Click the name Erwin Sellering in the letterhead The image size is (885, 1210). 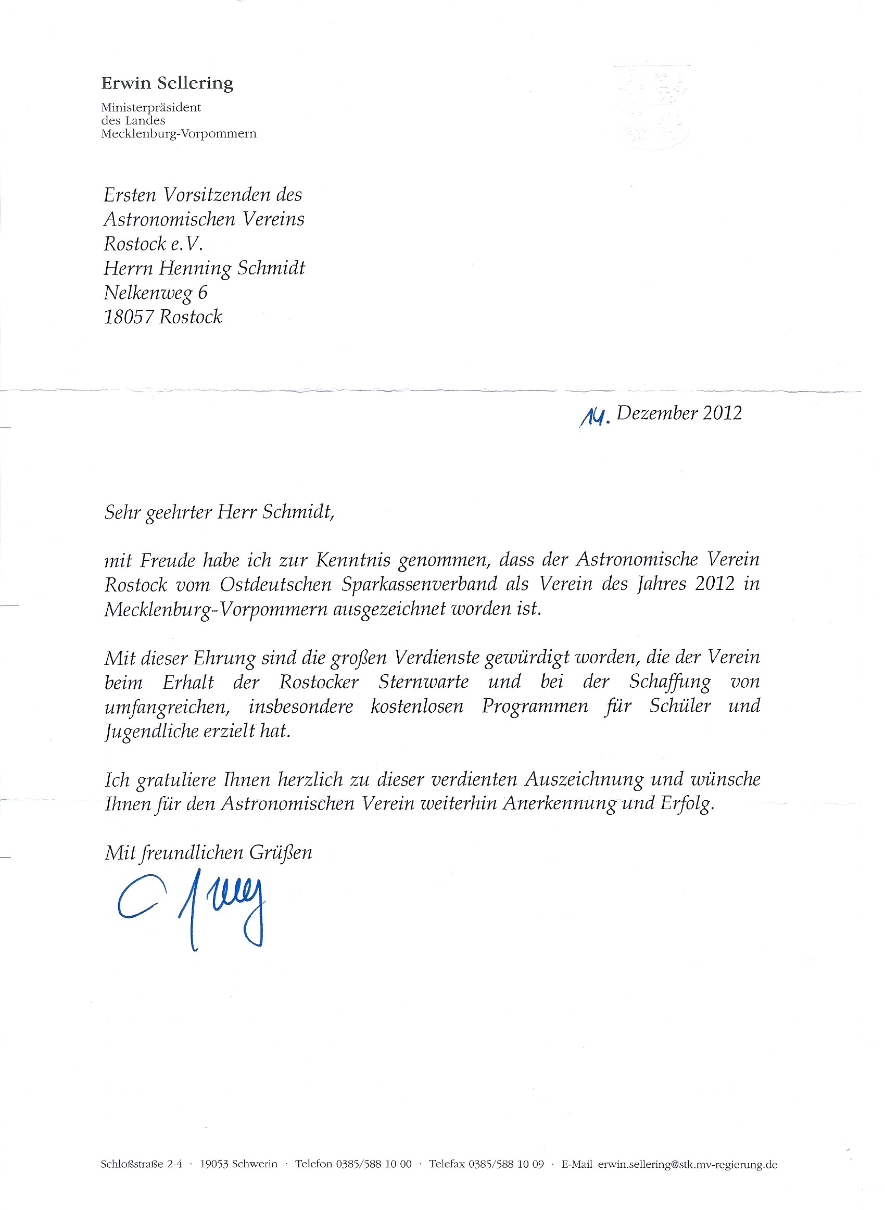tap(167, 83)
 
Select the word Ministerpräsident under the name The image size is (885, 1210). tap(150, 107)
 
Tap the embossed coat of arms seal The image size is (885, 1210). tap(652, 107)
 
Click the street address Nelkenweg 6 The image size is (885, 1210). tap(155, 293)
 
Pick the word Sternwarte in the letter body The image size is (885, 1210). tap(423, 682)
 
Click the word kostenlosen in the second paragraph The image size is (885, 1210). tap(417, 706)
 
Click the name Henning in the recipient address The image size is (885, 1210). tap(195, 268)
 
